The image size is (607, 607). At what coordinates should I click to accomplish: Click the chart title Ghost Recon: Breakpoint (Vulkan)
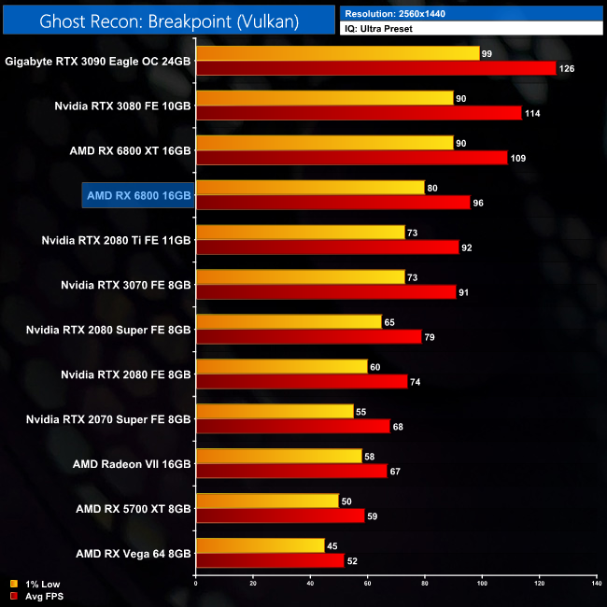pos(169,21)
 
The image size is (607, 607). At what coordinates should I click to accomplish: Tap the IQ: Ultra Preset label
pos(378,29)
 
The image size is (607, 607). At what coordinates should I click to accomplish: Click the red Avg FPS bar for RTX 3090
pos(375,68)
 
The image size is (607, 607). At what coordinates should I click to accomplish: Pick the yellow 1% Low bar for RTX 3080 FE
pos(324,98)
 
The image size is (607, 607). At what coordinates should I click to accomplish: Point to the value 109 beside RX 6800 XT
pos(518,158)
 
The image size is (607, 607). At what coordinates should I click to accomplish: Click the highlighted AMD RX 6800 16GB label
pos(138,195)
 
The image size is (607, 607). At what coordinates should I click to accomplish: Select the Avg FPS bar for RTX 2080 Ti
pos(327,247)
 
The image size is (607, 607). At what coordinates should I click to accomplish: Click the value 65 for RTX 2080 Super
pos(389,322)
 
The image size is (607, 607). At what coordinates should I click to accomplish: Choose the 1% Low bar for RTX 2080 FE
pos(281,367)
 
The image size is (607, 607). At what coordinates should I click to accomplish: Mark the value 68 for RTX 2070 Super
pos(399,427)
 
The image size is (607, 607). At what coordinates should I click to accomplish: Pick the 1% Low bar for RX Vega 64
pos(260,546)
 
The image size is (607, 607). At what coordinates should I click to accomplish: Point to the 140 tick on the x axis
pos(597,584)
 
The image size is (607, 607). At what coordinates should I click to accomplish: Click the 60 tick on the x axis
pos(367,584)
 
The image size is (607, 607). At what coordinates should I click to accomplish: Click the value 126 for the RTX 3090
pos(567,68)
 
